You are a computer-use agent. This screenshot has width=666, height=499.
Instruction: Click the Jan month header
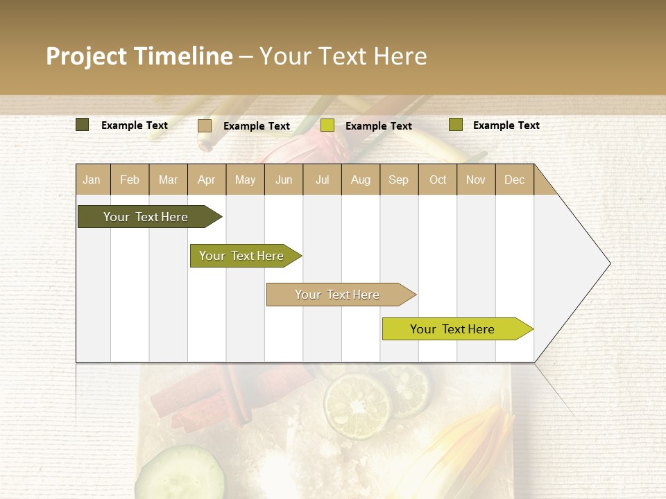92,180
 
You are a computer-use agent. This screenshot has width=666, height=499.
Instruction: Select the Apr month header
207,180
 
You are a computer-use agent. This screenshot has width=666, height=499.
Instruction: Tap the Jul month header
323,180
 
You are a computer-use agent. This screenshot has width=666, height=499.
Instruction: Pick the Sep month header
398,180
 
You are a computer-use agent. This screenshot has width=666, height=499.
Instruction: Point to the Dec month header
514,180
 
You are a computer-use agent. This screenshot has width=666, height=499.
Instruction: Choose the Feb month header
130,180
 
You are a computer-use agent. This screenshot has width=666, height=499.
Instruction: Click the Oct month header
438,180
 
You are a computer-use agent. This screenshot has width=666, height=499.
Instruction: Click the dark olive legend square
83,125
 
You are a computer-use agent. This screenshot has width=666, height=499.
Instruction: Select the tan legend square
205,125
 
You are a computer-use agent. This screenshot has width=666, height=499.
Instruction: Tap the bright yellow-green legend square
327,125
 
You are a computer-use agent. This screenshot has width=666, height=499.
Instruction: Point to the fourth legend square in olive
455,125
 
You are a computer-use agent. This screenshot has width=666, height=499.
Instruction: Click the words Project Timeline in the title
139,56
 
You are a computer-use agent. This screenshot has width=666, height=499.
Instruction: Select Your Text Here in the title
343,56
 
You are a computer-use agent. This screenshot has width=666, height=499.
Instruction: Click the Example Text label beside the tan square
257,126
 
